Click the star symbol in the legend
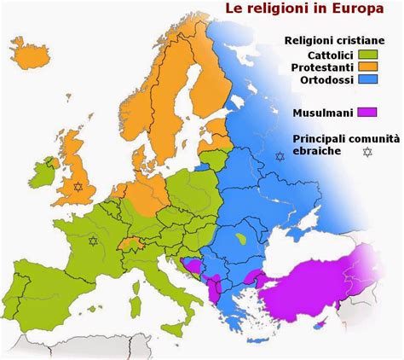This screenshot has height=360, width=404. (367, 152)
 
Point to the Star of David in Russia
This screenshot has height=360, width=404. (279, 156)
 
